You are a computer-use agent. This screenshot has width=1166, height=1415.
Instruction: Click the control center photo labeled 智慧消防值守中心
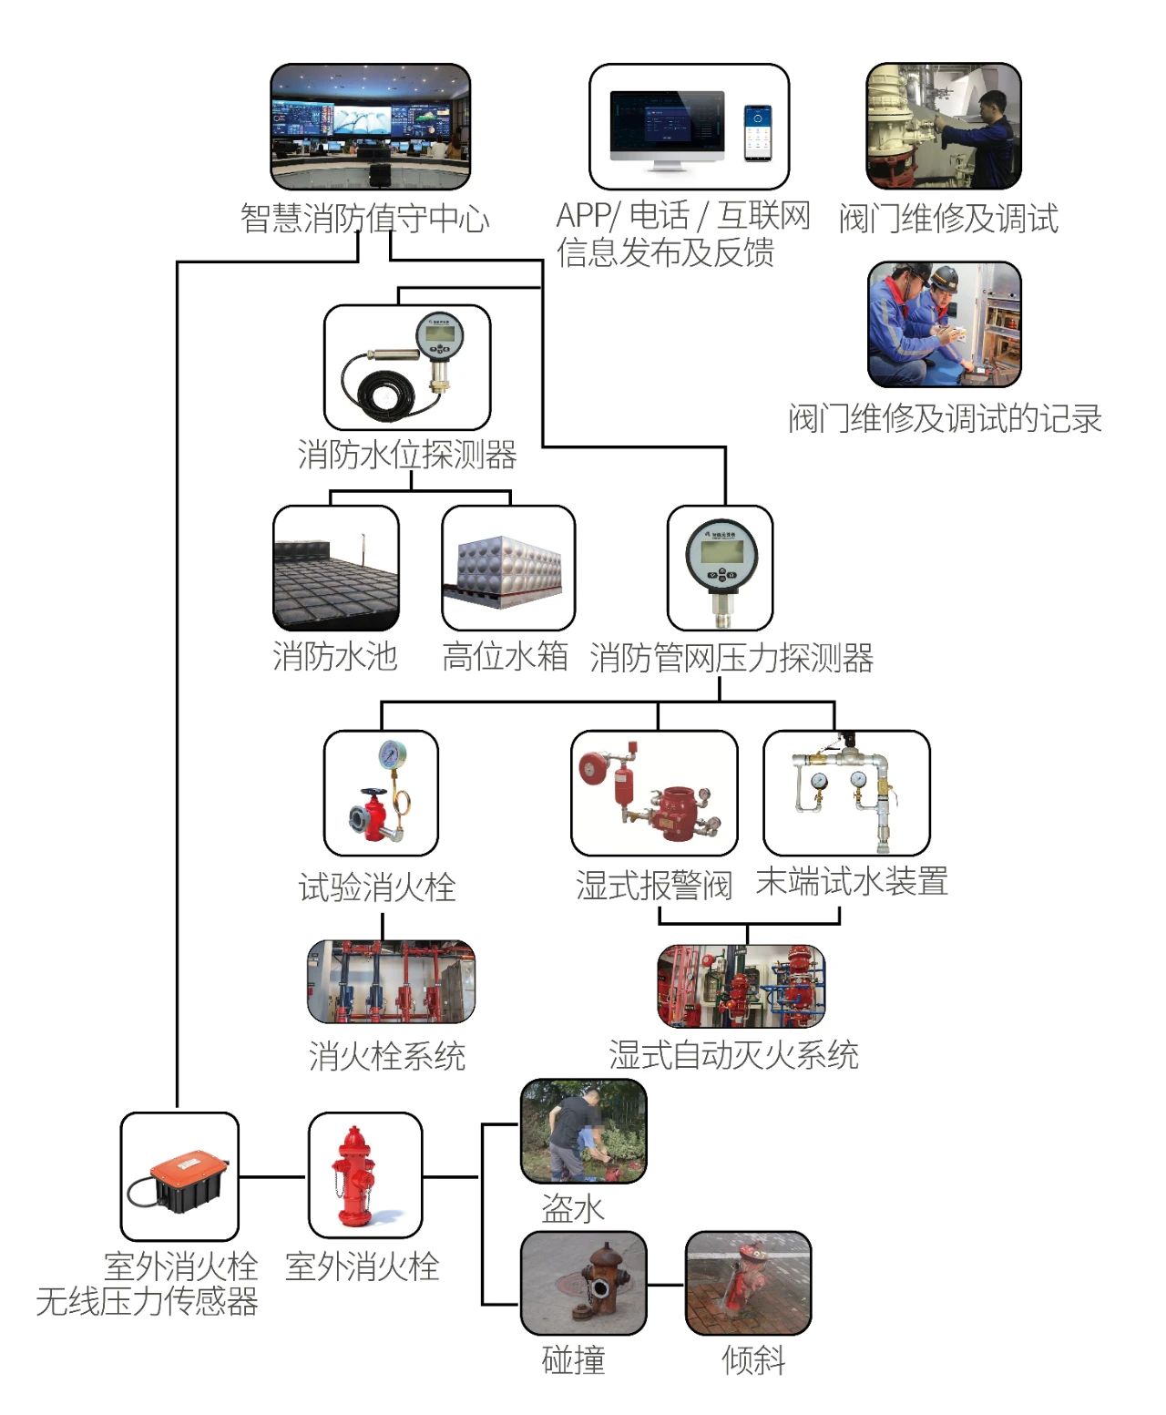click(370, 127)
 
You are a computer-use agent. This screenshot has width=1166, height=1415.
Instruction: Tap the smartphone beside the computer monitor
click(757, 133)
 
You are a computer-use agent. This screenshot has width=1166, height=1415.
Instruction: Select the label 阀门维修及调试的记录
click(945, 419)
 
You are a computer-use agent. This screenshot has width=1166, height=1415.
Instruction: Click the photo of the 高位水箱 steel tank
click(508, 569)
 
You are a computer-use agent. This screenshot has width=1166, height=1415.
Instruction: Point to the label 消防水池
click(335, 656)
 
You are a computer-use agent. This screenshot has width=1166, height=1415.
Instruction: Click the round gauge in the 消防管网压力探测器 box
click(721, 554)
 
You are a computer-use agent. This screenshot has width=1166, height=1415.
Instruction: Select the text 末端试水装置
click(852, 882)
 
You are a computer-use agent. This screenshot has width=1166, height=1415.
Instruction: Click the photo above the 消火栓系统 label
click(391, 982)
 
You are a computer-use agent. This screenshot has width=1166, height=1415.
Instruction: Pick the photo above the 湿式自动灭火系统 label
click(742, 987)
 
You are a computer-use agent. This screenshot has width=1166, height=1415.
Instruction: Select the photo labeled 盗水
click(583, 1132)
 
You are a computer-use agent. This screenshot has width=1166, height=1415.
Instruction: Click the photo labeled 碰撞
click(583, 1283)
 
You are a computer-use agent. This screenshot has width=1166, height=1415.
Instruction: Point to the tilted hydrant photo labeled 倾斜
click(747, 1283)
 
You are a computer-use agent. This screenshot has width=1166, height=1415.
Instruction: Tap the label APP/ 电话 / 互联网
click(683, 216)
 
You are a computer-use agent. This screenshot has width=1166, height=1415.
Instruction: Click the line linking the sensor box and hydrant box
click(272, 1176)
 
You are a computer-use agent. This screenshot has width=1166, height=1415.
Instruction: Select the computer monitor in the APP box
click(667, 128)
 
